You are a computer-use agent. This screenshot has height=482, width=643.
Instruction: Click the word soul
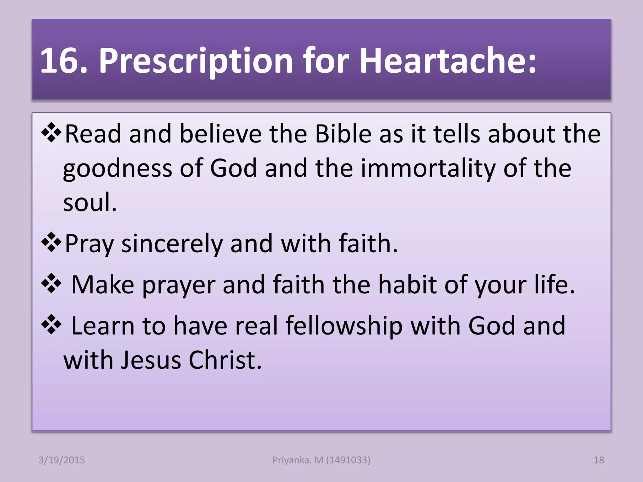tap(90, 202)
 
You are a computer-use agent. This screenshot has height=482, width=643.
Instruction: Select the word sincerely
tap(172, 244)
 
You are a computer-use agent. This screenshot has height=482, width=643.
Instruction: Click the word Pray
tap(89, 244)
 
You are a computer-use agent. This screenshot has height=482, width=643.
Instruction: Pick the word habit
tap(407, 285)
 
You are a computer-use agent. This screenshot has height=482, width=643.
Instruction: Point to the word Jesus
tap(151, 360)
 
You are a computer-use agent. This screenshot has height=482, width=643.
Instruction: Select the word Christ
tap(225, 360)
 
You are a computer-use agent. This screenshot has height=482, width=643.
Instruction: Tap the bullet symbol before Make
tap(51, 284)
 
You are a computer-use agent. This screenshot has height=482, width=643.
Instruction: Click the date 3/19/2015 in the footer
tap(62, 460)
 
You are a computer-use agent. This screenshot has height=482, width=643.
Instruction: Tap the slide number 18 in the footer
tap(599, 460)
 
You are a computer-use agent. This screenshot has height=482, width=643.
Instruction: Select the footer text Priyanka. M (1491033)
tap(321, 460)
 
